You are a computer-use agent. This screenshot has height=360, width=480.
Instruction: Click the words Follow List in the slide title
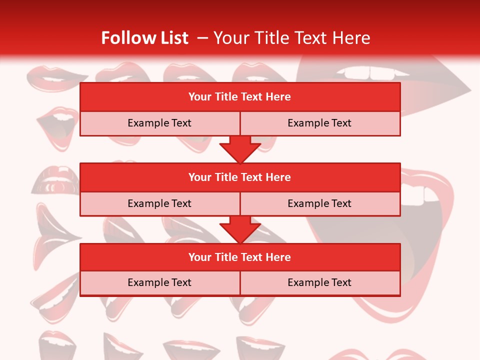pos(144,38)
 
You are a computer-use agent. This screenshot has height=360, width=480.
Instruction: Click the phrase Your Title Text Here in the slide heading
pos(291,38)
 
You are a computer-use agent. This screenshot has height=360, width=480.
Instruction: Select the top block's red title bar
pos(240,97)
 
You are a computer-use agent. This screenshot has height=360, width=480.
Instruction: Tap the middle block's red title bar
pos(240,177)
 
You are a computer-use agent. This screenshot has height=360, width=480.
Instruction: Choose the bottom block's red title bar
pos(240,257)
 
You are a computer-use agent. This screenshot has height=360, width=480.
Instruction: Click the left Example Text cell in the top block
pos(159,123)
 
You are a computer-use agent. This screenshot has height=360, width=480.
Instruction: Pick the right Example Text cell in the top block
pos(319,123)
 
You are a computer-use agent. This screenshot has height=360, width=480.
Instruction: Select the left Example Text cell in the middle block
pos(159,203)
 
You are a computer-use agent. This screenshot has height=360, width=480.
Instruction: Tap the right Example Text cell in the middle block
pos(319,203)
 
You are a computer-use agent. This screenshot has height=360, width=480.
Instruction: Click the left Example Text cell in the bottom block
pos(159,282)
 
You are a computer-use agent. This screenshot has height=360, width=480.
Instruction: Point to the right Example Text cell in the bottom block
pos(319,282)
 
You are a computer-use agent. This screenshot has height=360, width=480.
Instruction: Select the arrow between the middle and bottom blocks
pos(240,230)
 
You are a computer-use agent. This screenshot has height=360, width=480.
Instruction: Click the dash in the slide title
pos(202,38)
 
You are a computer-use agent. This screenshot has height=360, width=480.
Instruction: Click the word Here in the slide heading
pos(353,38)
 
